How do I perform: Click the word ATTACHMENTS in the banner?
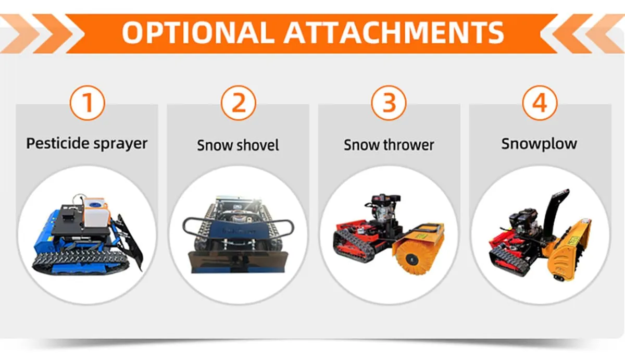pyautogui.click(x=395, y=32)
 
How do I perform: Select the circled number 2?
pyautogui.click(x=238, y=103)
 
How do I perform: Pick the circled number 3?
pyautogui.click(x=389, y=103)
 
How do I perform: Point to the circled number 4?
pyautogui.click(x=540, y=103)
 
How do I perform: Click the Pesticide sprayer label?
pyautogui.click(x=87, y=143)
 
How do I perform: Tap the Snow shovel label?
pyautogui.click(x=238, y=145)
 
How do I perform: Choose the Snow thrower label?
pyautogui.click(x=389, y=145)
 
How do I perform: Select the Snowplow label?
pyautogui.click(x=539, y=143)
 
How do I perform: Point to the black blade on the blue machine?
pyautogui.click(x=130, y=240)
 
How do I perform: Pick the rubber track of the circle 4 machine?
pyautogui.click(x=508, y=258)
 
